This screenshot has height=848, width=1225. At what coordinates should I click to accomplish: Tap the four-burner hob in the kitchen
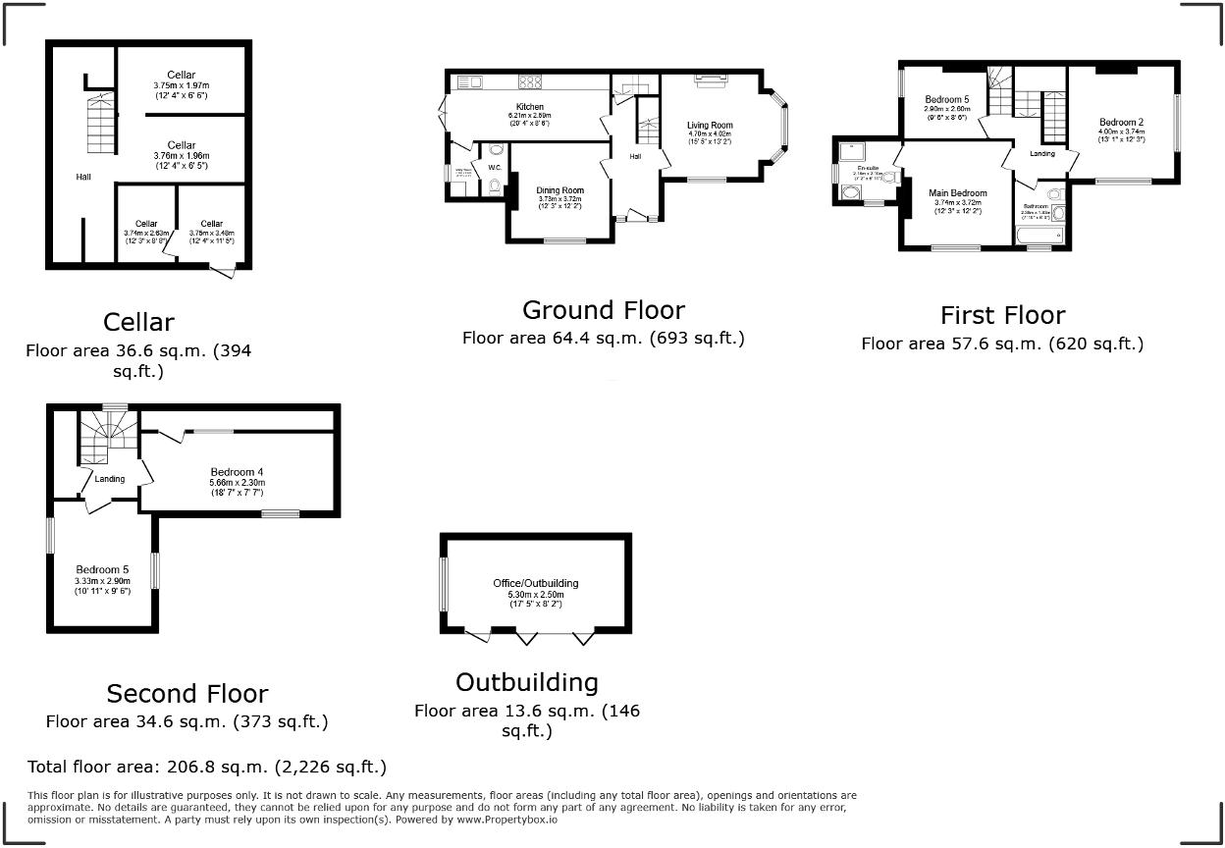(530, 82)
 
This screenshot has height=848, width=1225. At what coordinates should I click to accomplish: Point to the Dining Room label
(559, 190)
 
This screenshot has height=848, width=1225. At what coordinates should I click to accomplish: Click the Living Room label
(710, 126)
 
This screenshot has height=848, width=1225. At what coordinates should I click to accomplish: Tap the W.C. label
(495, 168)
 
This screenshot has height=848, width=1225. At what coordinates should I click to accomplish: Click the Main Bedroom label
(957, 193)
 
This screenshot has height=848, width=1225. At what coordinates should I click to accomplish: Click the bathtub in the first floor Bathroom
(1033, 237)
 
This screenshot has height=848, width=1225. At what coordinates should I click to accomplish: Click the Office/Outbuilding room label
(536, 584)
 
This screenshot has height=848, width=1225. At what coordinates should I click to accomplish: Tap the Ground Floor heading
(603, 310)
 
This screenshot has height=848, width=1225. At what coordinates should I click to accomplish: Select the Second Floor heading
(186, 694)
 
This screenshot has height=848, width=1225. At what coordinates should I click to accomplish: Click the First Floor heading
(1001, 315)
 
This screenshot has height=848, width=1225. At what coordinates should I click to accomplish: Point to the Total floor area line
(207, 767)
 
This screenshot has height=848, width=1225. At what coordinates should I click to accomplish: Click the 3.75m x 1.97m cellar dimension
(182, 85)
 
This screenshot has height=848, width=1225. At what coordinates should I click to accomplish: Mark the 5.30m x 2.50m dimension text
(536, 594)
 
